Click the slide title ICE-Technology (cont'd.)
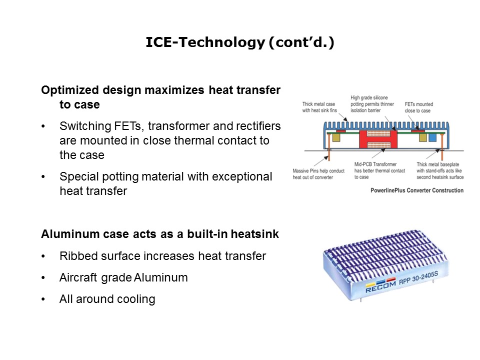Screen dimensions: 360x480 240,43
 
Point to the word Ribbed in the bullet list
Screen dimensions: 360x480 76,256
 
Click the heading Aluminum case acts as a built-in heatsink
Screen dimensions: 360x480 160,234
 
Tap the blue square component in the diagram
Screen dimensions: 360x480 432,137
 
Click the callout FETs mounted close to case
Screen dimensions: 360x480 418,107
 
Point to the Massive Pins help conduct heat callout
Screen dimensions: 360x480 318,174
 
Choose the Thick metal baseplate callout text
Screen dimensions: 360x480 440,174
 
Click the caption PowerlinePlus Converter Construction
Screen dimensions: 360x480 417,190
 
